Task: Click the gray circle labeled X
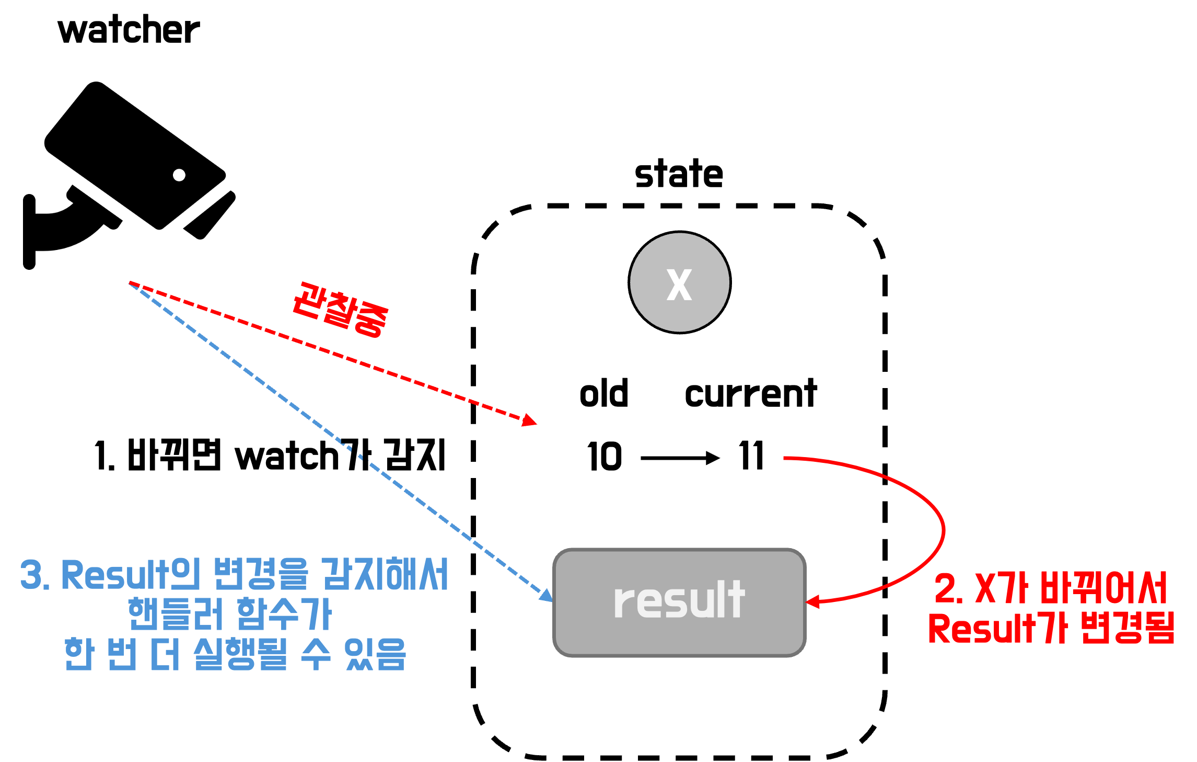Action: coord(679,282)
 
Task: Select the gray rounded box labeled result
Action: coord(679,602)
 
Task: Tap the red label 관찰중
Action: coord(340,310)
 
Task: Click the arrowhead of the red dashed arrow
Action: coord(531,420)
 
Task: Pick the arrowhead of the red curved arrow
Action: coord(812,602)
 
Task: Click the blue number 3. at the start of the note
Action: coord(34,575)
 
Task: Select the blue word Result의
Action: coord(131,575)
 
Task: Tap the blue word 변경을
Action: coord(261,575)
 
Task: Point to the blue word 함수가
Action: coord(284,614)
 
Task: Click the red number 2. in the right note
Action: coord(948,588)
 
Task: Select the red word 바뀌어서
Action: coord(1103,588)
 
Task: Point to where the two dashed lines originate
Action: coord(130,283)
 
